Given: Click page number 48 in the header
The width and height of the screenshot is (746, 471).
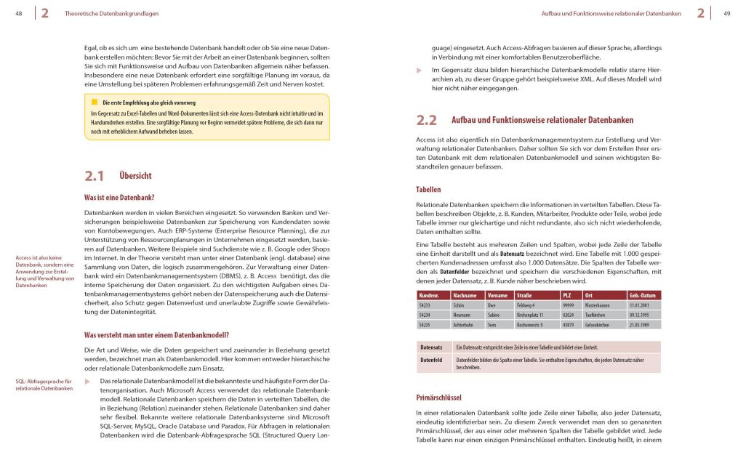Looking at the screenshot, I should [x=18, y=12].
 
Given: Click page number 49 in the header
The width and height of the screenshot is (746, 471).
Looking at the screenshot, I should [x=726, y=12].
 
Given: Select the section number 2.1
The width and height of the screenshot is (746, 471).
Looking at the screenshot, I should [x=95, y=175].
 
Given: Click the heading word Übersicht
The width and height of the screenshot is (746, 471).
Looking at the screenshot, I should [x=135, y=176].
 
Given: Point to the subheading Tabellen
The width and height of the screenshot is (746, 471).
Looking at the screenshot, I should [x=428, y=190].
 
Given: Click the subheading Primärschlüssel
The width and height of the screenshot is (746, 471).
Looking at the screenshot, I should [x=439, y=398].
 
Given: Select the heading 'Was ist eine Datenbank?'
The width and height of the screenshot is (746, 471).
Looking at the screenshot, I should [x=119, y=197].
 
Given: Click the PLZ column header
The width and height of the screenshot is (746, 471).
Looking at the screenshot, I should [x=567, y=295].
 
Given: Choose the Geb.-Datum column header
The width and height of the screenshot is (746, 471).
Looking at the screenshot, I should [x=643, y=295].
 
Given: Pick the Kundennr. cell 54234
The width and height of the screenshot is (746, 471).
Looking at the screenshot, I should [x=426, y=315].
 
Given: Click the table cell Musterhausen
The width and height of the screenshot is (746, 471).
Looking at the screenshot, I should [x=597, y=305].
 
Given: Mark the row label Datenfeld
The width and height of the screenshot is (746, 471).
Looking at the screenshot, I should [x=432, y=360].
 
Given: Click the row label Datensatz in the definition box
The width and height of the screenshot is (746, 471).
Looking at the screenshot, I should [x=432, y=347].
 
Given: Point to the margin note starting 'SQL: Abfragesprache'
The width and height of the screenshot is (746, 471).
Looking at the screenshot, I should [x=44, y=385].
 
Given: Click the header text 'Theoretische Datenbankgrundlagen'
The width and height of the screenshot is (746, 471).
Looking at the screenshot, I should [x=111, y=13].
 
